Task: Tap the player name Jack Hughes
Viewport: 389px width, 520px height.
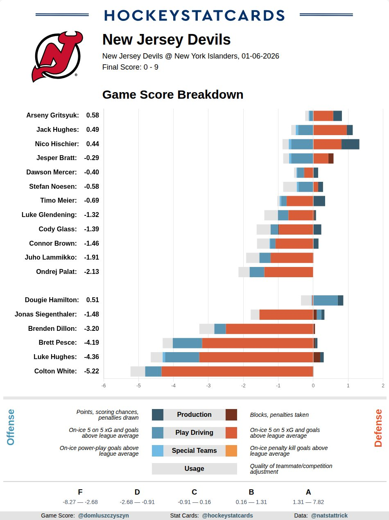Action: click(x=57, y=129)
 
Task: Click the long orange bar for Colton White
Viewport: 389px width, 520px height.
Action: click(x=237, y=371)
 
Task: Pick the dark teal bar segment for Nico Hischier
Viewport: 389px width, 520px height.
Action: click(x=350, y=144)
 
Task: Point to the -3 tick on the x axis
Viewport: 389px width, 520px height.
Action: click(x=208, y=385)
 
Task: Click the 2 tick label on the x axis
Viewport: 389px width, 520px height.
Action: click(x=383, y=385)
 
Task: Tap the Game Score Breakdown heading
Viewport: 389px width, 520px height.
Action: click(x=173, y=95)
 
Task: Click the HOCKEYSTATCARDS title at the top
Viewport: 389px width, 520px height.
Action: click(x=194, y=16)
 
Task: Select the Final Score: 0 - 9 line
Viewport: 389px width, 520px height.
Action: click(x=130, y=67)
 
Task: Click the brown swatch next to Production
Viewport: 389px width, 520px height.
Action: click(x=231, y=414)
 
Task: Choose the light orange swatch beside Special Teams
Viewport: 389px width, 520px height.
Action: click(x=231, y=450)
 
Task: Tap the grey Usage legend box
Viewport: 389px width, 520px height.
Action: click(x=194, y=468)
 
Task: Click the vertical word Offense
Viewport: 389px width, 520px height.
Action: click(x=11, y=427)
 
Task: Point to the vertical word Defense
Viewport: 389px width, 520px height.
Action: click(x=378, y=428)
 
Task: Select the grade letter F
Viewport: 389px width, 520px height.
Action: click(x=80, y=492)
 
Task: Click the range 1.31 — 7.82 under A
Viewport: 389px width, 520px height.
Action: click(x=308, y=502)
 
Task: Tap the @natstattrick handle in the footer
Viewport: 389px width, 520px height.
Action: click(x=329, y=515)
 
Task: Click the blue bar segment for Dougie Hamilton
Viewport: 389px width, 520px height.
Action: click(x=326, y=300)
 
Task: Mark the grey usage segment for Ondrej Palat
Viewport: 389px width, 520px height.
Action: click(x=244, y=272)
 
